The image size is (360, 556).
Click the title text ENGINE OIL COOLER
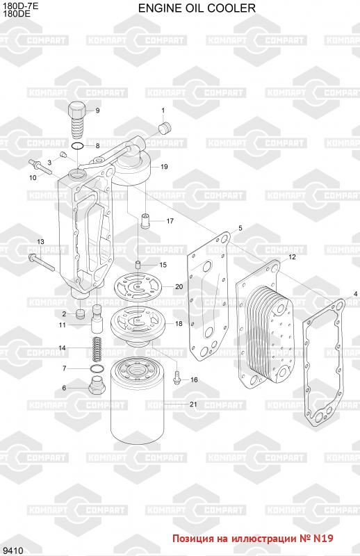(x=197, y=8)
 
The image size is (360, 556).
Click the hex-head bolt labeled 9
(x=77, y=120)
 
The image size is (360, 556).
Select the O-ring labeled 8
(x=77, y=146)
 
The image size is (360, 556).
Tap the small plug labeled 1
(x=165, y=128)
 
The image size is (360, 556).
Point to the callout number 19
(x=164, y=167)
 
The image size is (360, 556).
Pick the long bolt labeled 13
(x=42, y=263)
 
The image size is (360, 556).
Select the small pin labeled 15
(x=139, y=265)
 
